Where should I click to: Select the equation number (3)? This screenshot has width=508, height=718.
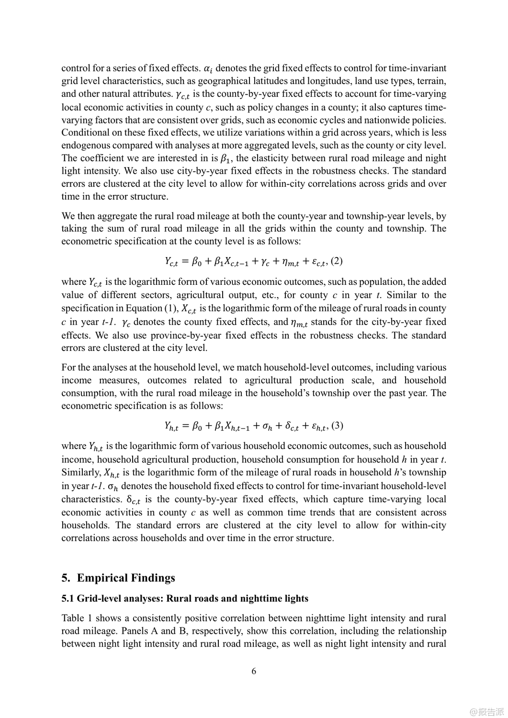pyautogui.click(x=337, y=426)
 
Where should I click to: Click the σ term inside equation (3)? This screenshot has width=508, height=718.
pyautogui.click(x=258, y=426)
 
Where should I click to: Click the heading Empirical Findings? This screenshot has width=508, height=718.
pyautogui.click(x=126, y=578)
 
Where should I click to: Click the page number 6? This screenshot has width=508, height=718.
pyautogui.click(x=254, y=671)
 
